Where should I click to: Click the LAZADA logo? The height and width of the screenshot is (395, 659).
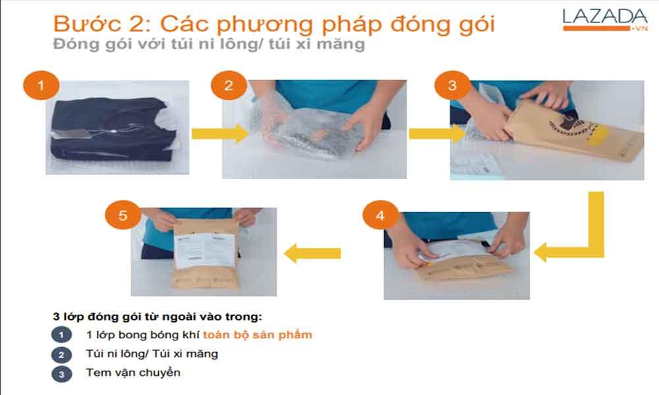point(604,19)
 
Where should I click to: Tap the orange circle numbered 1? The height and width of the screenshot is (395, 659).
point(41,86)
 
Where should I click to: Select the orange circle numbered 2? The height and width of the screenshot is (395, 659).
point(229,86)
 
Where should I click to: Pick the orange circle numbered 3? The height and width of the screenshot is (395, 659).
point(451,86)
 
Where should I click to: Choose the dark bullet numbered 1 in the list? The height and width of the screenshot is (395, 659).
point(61,335)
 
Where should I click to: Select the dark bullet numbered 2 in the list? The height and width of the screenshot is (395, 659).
point(61,354)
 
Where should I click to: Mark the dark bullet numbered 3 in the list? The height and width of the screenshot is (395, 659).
point(61,373)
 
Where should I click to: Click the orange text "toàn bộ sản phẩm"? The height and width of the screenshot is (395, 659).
point(257,334)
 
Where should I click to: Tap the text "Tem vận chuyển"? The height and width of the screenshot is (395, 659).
point(132,373)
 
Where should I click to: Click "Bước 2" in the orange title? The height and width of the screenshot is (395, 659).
point(99,24)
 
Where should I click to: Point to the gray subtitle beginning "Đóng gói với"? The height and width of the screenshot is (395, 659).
point(208,45)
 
